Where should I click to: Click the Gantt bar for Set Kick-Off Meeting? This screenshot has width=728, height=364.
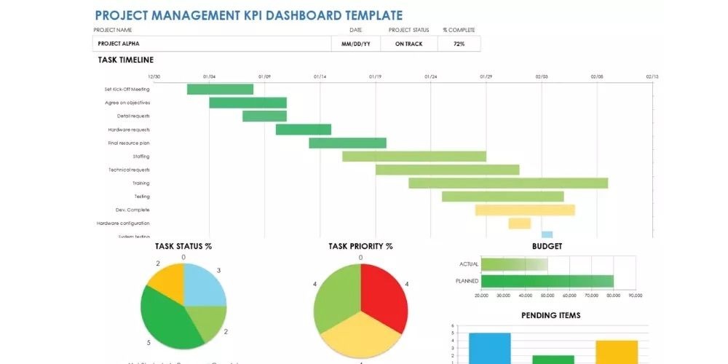click(x=220, y=90)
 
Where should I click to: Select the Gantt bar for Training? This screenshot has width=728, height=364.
click(x=507, y=183)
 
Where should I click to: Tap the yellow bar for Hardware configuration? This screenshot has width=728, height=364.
click(x=519, y=223)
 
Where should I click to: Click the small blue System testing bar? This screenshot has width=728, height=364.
click(x=547, y=235)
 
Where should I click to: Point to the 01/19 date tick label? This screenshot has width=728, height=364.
click(x=375, y=76)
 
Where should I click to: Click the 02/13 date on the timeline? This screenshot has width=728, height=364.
click(x=652, y=76)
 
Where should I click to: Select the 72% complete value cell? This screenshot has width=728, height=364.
click(x=459, y=44)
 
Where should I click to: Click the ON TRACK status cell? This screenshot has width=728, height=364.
click(x=409, y=44)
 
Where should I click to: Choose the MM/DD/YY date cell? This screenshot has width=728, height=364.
click(x=355, y=44)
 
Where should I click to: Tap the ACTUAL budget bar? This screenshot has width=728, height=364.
click(x=514, y=264)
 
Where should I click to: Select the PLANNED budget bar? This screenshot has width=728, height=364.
click(x=547, y=281)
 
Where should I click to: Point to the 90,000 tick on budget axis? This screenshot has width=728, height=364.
click(x=635, y=296)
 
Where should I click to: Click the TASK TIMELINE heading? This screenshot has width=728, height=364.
click(x=126, y=60)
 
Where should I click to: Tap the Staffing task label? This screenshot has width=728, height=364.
click(x=141, y=157)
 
